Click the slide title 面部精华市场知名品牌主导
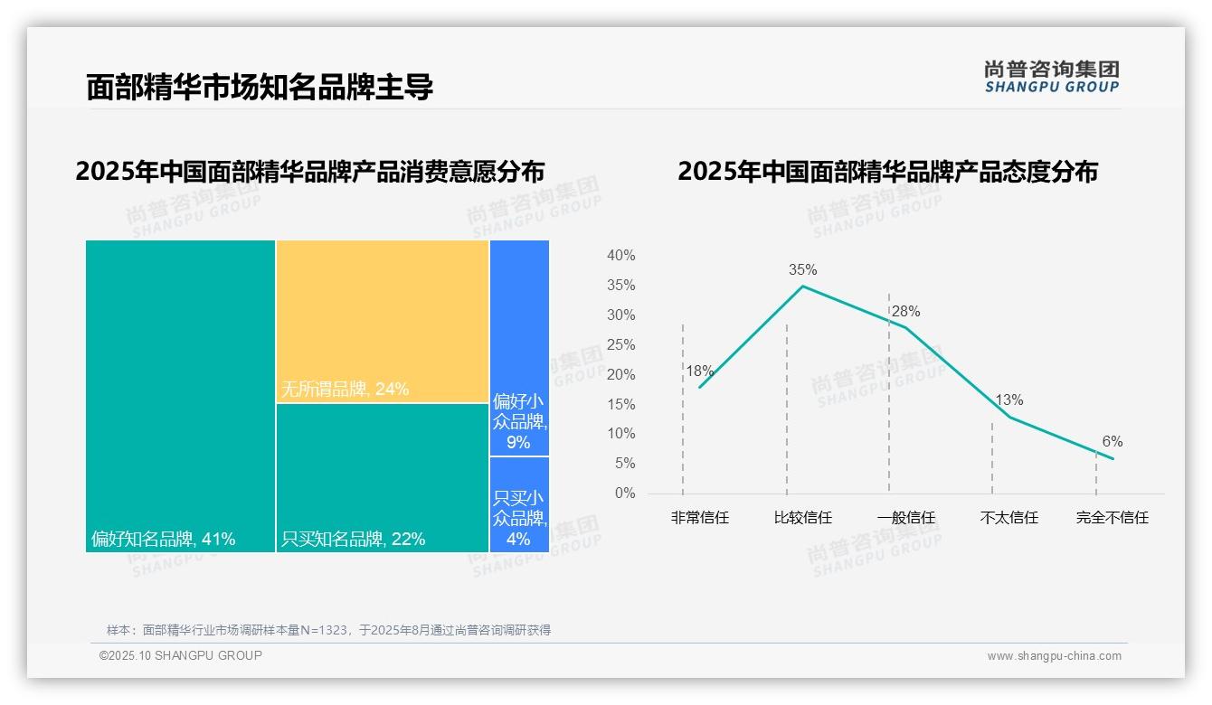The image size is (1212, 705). click(x=260, y=88)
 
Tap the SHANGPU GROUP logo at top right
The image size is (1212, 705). click(x=1051, y=77)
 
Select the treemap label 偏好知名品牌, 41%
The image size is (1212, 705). click(x=164, y=540)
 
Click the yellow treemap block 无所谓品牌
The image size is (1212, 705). click(x=382, y=321)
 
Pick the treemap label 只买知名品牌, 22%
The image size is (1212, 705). click(x=354, y=540)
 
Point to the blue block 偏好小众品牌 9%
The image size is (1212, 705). click(x=519, y=420)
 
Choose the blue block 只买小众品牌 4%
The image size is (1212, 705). click(x=519, y=518)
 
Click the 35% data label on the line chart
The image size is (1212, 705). click(x=802, y=269)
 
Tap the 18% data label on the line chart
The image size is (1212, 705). click(x=699, y=371)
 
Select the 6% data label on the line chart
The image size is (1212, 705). click(x=1112, y=442)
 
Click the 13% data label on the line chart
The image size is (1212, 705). click(x=1008, y=400)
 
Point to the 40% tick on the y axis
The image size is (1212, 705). click(x=620, y=256)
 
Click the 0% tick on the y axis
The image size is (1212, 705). click(x=625, y=493)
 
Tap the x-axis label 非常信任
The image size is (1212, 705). click(x=699, y=518)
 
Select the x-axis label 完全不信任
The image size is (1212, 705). click(x=1112, y=518)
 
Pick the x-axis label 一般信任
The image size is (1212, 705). click(x=905, y=518)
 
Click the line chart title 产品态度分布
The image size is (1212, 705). click(x=887, y=172)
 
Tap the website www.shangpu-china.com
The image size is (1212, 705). click(x=1054, y=656)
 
